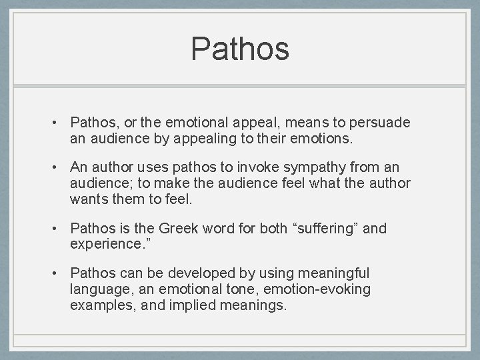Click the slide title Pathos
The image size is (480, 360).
click(x=240, y=49)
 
